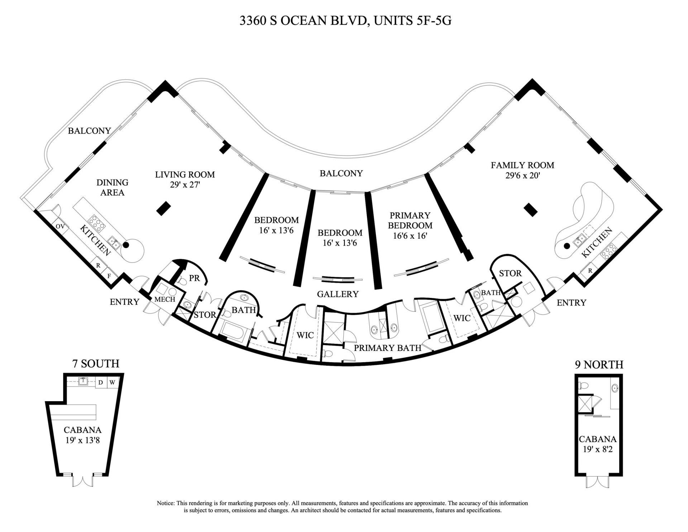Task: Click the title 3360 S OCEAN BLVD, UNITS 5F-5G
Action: pyautogui.click(x=345, y=21)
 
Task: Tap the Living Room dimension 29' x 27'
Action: pyautogui.click(x=185, y=185)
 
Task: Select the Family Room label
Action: pyautogui.click(x=522, y=165)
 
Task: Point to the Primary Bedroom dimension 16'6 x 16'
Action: pyautogui.click(x=410, y=236)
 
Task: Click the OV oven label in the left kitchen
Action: pyautogui.click(x=60, y=226)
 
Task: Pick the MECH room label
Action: pyautogui.click(x=165, y=299)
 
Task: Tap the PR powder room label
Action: pyautogui.click(x=194, y=278)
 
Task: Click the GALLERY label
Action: pyautogui.click(x=338, y=294)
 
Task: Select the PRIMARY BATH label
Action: pyautogui.click(x=387, y=348)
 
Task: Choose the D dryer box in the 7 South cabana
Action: pyautogui.click(x=101, y=383)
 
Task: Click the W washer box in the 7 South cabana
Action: pyautogui.click(x=112, y=383)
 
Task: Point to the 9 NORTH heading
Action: pyautogui.click(x=599, y=365)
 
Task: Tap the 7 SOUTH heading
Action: pyautogui.click(x=96, y=364)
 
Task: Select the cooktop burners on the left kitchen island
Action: pyautogui.click(x=96, y=224)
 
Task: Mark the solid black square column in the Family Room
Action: pyautogui.click(x=531, y=210)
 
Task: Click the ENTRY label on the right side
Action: pyautogui.click(x=571, y=303)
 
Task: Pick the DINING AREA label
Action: pyautogui.click(x=112, y=187)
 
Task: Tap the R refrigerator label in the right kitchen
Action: pyautogui.click(x=590, y=271)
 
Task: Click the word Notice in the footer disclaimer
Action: pyautogui.click(x=165, y=503)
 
